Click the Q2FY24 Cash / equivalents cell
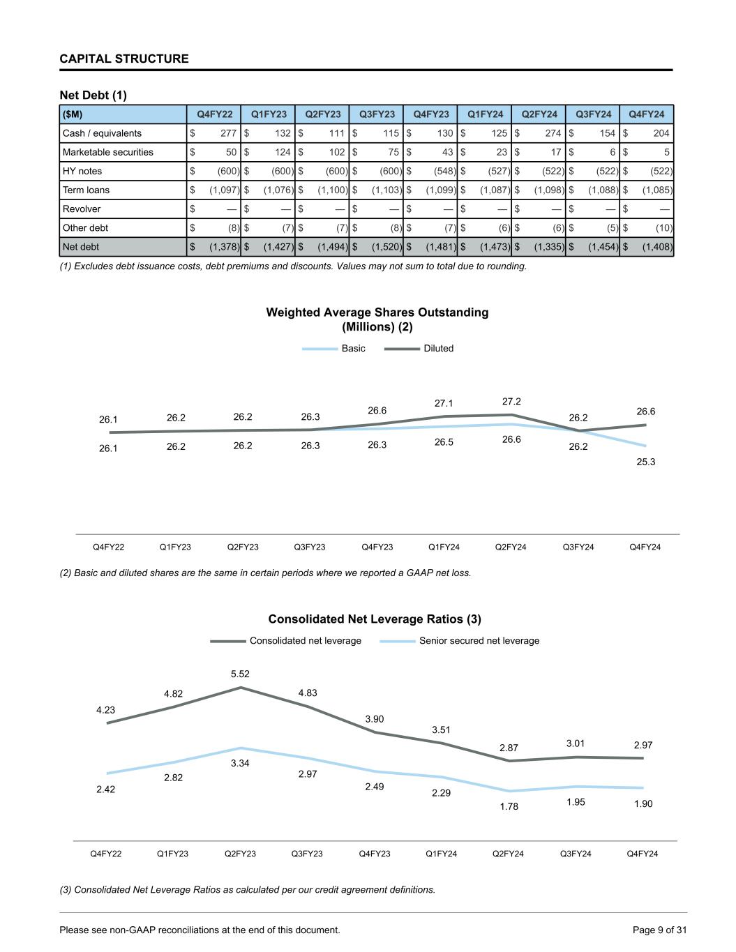coord(539,133)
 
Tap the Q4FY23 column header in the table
coord(431,114)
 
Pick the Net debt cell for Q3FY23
coord(377,246)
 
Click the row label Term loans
coord(86,190)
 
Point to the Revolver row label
coord(82,209)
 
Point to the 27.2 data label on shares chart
coord(511,402)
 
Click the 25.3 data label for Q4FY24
coord(646,462)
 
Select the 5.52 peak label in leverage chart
coord(240,674)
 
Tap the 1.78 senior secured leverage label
coord(509,806)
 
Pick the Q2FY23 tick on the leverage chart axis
coord(240,854)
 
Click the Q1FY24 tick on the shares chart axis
coord(444,547)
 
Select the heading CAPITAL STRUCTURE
coord(124,59)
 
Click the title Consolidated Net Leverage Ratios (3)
coord(375,619)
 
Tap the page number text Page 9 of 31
coord(659,930)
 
